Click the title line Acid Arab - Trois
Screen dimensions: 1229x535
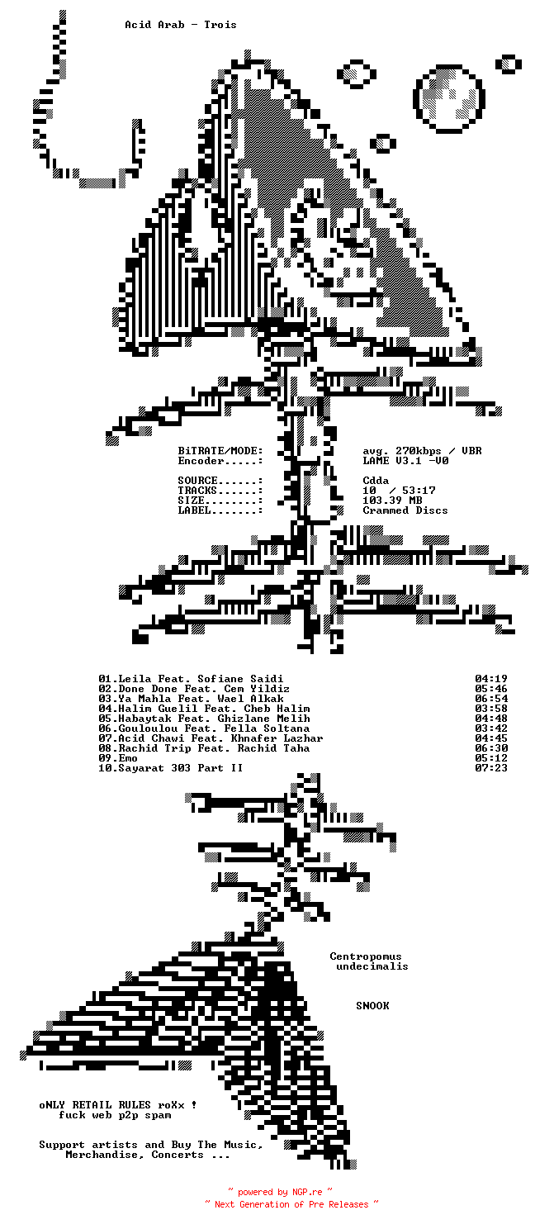point(181,25)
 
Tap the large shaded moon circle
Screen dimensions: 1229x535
point(448,97)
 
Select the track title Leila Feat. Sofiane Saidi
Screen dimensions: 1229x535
point(201,679)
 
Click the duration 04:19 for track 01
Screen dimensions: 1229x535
point(491,679)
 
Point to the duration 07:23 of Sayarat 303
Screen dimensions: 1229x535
point(491,768)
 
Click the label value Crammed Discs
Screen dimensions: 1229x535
point(405,510)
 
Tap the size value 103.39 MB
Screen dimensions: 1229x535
point(392,501)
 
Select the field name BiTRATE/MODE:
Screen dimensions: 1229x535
point(220,451)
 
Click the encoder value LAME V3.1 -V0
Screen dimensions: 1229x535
point(405,461)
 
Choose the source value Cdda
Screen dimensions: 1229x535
point(376,481)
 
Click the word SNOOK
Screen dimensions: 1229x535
point(372,1006)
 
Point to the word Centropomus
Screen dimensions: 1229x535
point(366,956)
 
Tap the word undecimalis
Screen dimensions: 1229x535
point(372,966)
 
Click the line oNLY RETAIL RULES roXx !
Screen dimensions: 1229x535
point(118,1105)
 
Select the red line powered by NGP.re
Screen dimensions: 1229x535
point(280,1192)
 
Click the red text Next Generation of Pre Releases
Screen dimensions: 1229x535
point(291,1204)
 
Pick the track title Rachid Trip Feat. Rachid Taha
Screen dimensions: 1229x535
point(214,748)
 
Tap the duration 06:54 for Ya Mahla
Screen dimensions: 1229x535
point(491,699)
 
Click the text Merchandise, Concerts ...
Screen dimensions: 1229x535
point(135,1155)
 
